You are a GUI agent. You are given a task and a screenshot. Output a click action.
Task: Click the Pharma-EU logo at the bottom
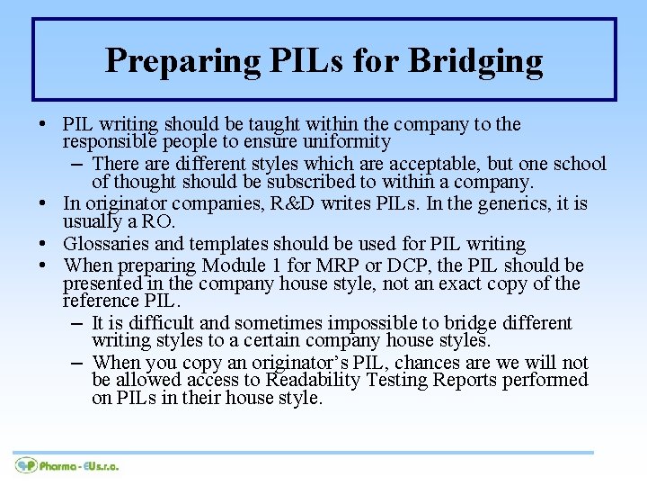pyautogui.click(x=67, y=465)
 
